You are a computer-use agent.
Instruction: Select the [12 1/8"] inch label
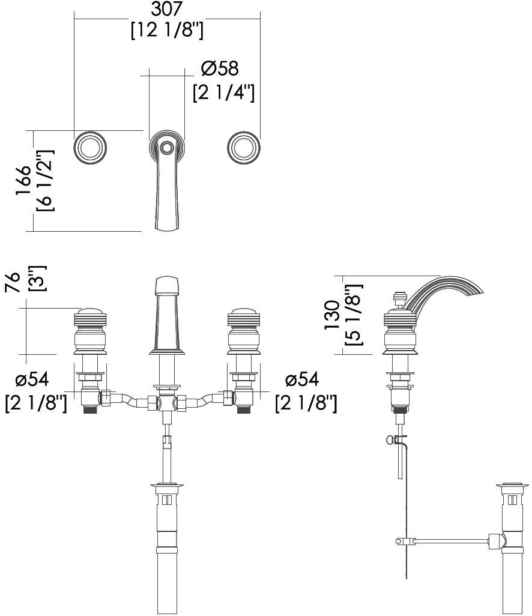(x=167, y=30)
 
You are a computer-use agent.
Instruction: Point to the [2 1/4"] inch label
(x=223, y=92)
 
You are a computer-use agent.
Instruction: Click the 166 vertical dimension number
(x=23, y=180)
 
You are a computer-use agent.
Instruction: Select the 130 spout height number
(x=331, y=315)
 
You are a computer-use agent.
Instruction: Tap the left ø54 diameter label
(x=32, y=379)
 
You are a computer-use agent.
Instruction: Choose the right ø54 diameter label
(x=302, y=379)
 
